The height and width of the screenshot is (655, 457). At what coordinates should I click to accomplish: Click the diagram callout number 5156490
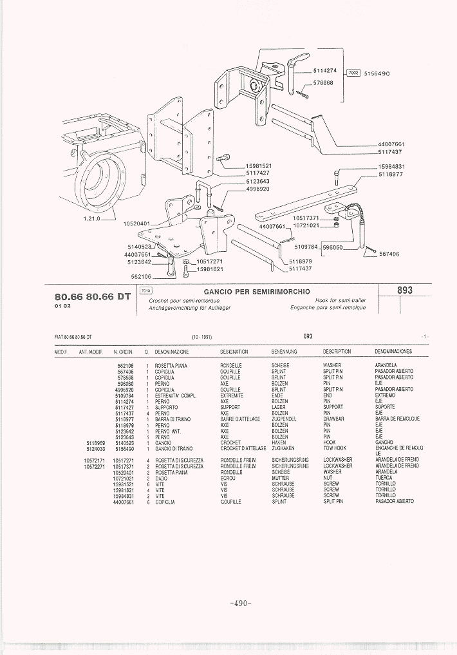[377, 74]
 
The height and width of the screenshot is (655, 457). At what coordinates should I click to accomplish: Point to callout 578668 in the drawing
[323, 83]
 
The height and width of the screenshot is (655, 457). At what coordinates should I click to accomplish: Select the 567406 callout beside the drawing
[389, 254]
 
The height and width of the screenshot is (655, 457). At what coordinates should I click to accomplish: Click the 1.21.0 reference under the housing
[93, 219]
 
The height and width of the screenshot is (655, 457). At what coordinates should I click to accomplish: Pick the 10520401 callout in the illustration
[137, 224]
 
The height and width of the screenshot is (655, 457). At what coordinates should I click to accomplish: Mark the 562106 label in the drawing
[141, 276]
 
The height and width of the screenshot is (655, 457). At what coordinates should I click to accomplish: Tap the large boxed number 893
[404, 290]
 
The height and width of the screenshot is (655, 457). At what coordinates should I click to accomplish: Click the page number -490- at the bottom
[239, 603]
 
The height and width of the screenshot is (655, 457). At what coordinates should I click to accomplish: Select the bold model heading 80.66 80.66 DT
[93, 297]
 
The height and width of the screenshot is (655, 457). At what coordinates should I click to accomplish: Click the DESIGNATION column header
[234, 352]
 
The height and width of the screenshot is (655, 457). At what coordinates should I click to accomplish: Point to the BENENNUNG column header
[284, 352]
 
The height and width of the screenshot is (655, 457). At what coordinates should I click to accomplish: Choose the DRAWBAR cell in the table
[333, 419]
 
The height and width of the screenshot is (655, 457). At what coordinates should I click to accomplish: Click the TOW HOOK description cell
[335, 448]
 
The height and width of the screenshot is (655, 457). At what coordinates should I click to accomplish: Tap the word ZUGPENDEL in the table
[284, 419]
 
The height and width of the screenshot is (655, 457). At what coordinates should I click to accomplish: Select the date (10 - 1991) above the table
[201, 337]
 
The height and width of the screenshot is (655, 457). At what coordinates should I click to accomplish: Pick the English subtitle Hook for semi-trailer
[340, 301]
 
